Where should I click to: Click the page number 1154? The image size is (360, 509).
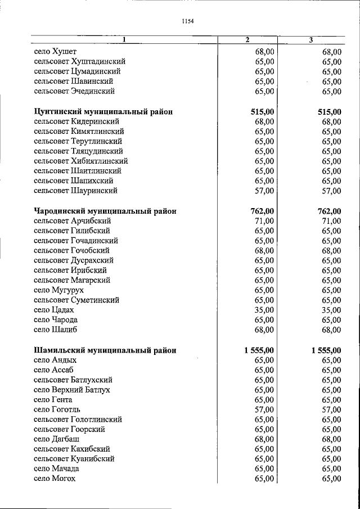[x=188, y=21]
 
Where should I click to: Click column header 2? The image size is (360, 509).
[x=247, y=40]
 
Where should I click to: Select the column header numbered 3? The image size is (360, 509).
[x=311, y=40]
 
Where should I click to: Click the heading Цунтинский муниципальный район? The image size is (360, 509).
[x=103, y=112]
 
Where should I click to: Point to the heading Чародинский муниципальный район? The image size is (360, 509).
[x=105, y=211]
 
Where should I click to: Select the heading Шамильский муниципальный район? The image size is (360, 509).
[x=105, y=350]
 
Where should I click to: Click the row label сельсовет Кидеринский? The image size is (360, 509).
[x=76, y=121]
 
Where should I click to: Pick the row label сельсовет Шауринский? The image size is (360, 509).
[x=75, y=191]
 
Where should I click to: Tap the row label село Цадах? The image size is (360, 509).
[x=53, y=310]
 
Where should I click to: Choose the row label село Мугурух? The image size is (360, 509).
[x=58, y=290]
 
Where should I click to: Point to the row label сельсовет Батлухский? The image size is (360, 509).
[x=73, y=380]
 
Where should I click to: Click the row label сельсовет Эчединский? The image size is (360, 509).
[x=74, y=91]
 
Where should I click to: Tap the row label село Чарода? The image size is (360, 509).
[x=56, y=320]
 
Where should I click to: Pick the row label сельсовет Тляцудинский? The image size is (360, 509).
[x=78, y=151]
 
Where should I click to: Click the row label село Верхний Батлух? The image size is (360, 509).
[x=71, y=390]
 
